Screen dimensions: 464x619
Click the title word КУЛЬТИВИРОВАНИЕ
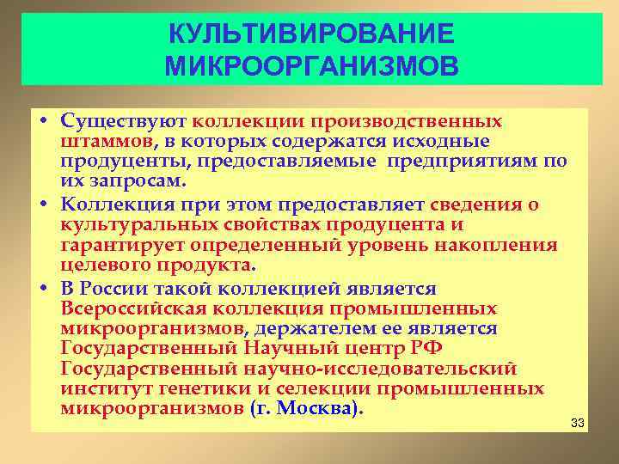309,34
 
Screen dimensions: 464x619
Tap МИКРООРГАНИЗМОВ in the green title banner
309,65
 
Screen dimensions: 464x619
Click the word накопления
504,245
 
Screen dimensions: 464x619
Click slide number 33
577,423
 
